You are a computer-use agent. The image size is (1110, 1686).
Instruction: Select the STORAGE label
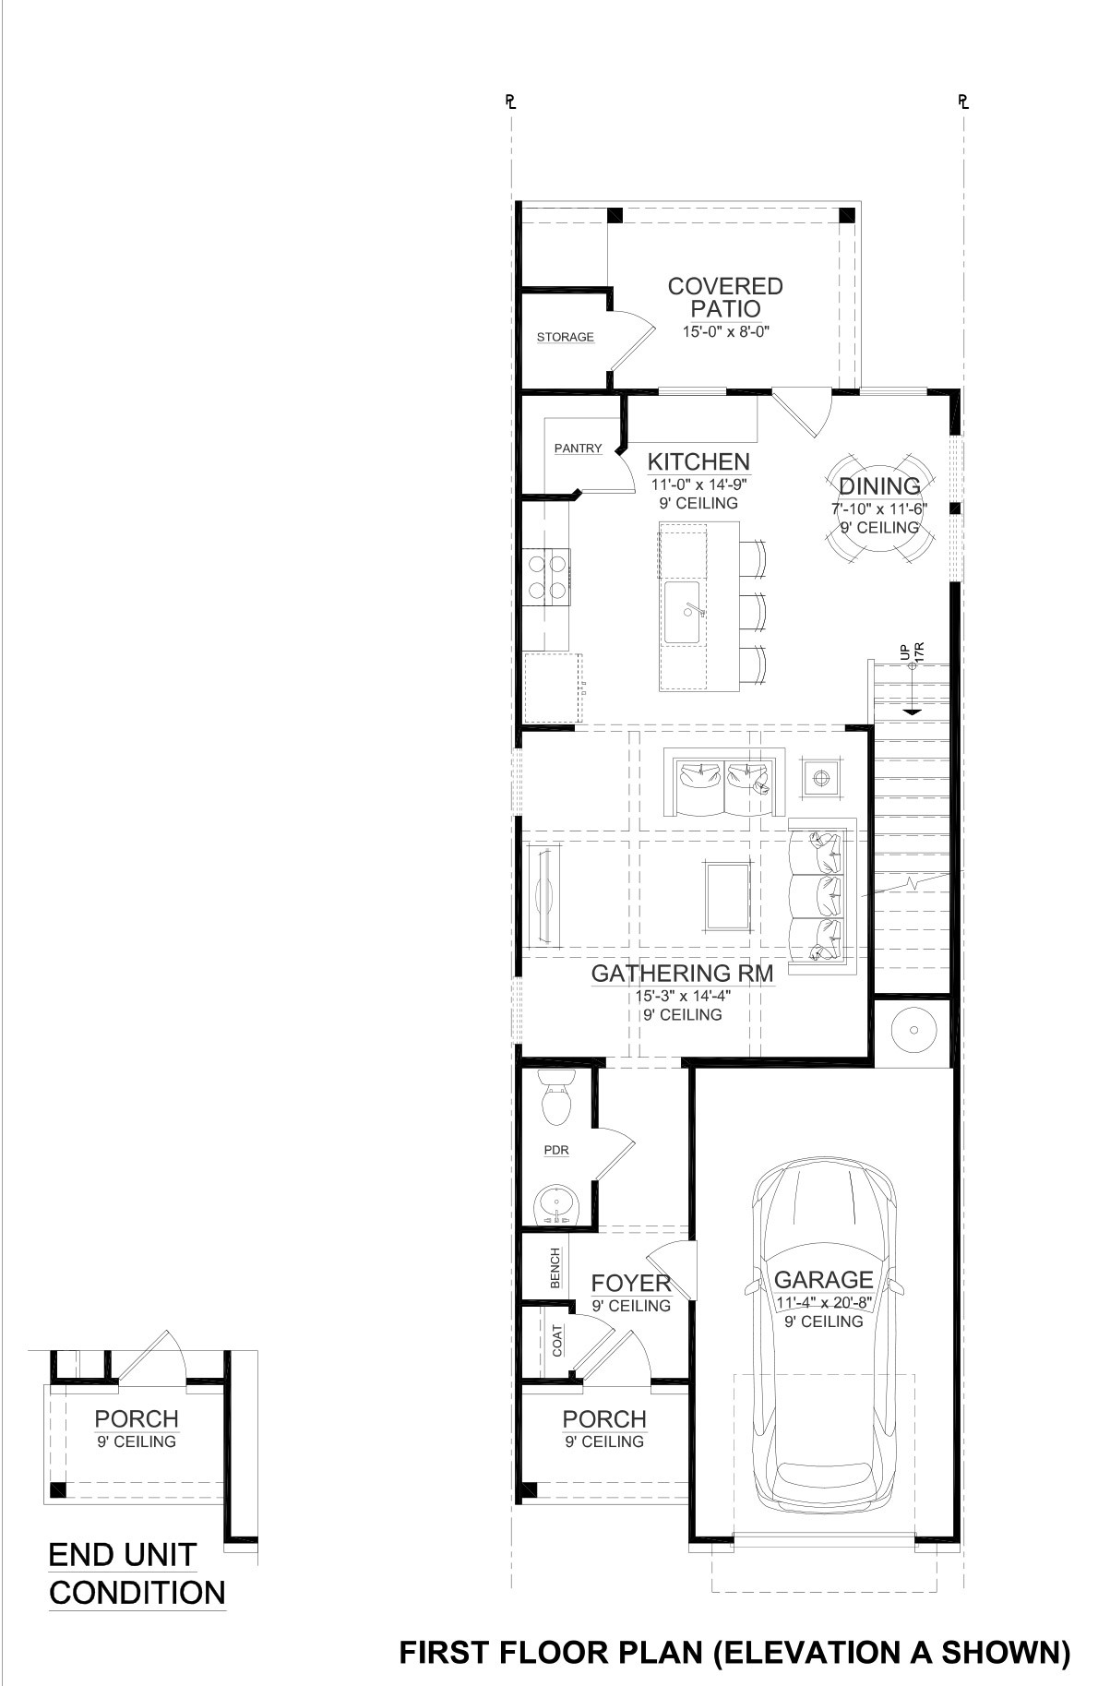pos(566,337)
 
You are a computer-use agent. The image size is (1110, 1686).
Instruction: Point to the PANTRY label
pos(578,448)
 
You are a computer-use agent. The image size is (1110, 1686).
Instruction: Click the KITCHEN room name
pos(698,461)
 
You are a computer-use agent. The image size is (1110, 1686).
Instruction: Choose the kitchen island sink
pos(684,612)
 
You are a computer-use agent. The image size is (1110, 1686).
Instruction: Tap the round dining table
pos(878,506)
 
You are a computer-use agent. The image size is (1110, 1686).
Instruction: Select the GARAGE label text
pos(823,1279)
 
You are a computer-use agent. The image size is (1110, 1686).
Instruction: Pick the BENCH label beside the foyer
pos(555,1269)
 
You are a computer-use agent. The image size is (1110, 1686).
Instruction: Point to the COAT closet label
pos(557,1339)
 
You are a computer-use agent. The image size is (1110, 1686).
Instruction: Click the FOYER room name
pos(631,1284)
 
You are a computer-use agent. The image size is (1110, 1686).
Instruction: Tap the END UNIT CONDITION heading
pos(137,1574)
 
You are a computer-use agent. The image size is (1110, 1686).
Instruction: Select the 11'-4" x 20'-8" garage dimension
pos(823,1302)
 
